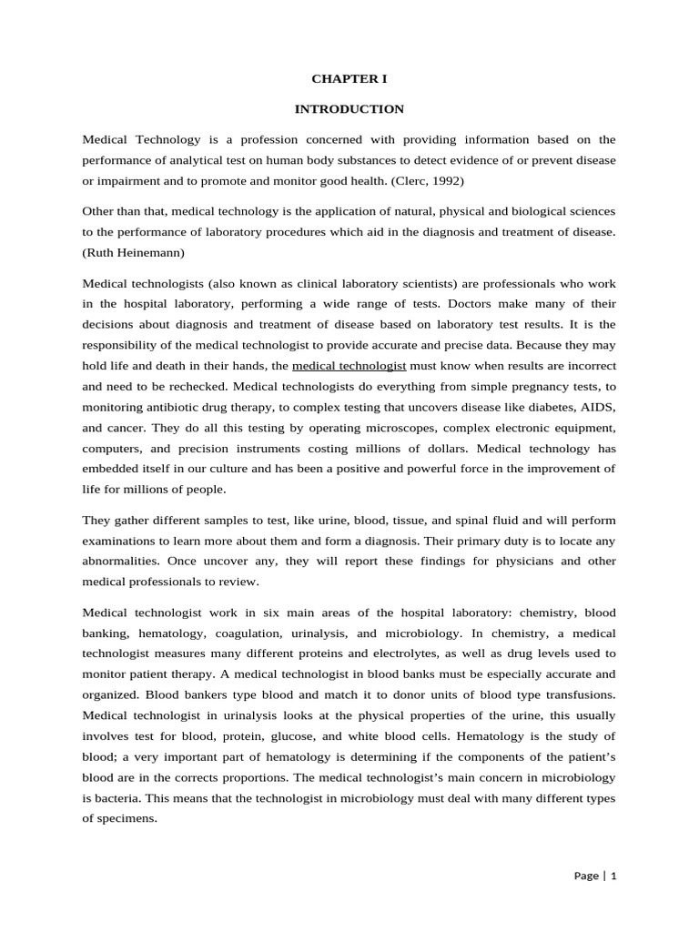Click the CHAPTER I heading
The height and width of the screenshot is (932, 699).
point(349,79)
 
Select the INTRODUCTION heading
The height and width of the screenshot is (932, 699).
point(349,109)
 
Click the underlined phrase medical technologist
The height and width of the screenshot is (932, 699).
point(349,366)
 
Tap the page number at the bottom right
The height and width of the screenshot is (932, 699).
point(596,876)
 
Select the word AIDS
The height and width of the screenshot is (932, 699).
point(595,406)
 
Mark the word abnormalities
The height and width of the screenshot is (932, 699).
point(121,562)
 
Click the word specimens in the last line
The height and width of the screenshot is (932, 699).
point(128,817)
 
